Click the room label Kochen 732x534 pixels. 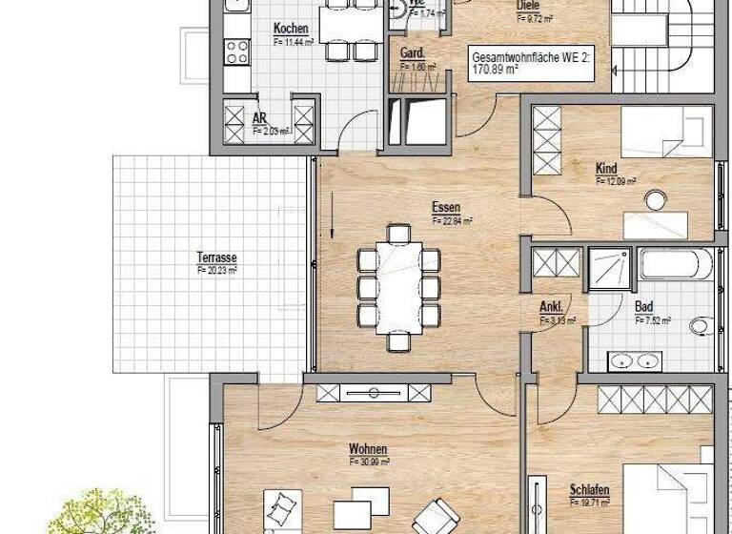point(290,29)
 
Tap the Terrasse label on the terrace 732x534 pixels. point(216,257)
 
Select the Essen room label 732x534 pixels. point(445,207)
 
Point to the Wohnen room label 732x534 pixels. point(367,448)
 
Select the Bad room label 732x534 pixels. point(644,307)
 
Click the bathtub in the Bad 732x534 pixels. point(675,264)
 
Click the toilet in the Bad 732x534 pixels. point(702,327)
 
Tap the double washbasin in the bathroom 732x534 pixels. point(635,359)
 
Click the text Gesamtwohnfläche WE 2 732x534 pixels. point(531,57)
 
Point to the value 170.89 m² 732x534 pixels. point(498,71)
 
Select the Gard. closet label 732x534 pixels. point(412,53)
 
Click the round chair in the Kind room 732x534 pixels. point(656,201)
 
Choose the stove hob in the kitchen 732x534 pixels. point(235,52)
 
